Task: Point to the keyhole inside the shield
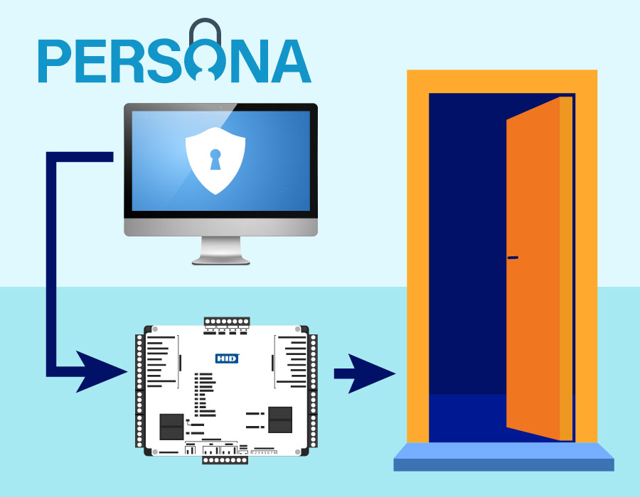[215, 159]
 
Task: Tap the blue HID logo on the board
[226, 359]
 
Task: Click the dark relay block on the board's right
[279, 420]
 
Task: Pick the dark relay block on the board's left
[171, 425]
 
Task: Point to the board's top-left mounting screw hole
[154, 329]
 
